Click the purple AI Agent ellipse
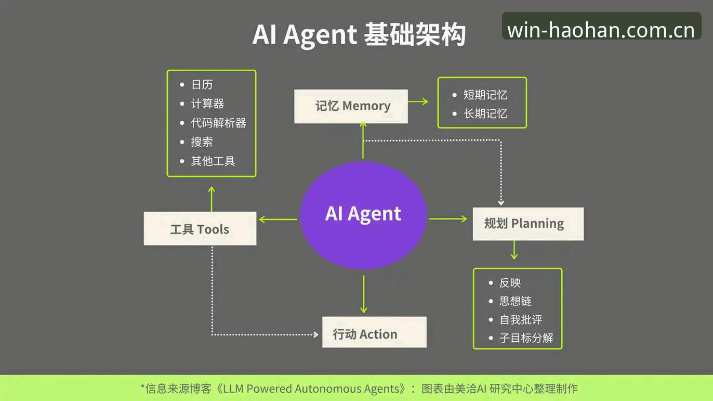363,215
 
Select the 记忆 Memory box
351,107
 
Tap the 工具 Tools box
200,229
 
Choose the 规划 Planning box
528,224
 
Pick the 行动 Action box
374,332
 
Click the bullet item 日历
202,85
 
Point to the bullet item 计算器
207,104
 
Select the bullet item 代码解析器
218,123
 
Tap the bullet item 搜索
202,142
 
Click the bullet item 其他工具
213,161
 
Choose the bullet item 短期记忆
485,95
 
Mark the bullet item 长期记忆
485,114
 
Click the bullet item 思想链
516,301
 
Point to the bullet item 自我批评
521,320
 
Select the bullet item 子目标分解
526,338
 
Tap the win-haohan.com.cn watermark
601,30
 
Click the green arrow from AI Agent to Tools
278,219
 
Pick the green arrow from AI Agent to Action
363,294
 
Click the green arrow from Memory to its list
418,101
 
